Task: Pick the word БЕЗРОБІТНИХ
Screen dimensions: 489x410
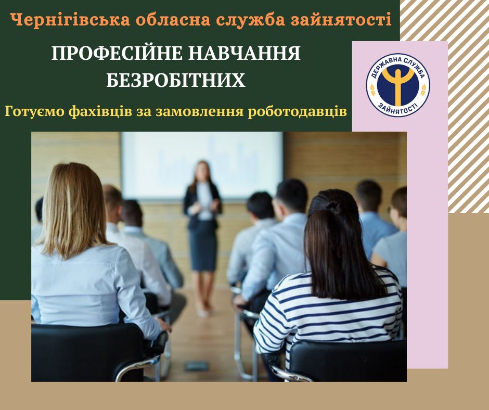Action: click(x=176, y=81)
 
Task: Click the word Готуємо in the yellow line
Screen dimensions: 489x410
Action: click(x=34, y=111)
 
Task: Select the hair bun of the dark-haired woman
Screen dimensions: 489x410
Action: click(x=331, y=206)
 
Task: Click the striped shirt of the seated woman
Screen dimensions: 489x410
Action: click(x=327, y=312)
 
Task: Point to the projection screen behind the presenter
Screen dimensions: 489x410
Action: click(x=202, y=165)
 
